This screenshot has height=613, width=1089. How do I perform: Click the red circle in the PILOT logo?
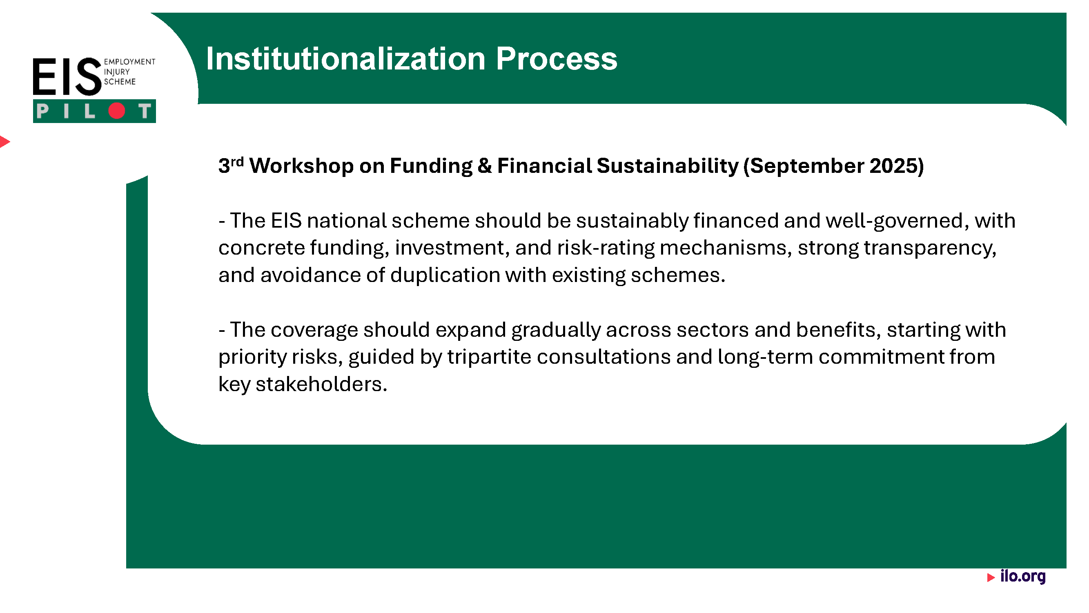pyautogui.click(x=117, y=111)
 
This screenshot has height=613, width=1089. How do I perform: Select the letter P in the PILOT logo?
pyautogui.click(x=42, y=111)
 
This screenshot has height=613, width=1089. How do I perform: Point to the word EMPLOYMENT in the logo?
pyautogui.click(x=129, y=62)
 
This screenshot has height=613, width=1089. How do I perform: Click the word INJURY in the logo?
pyautogui.click(x=117, y=72)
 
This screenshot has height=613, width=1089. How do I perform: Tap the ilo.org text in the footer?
pyautogui.click(x=1022, y=576)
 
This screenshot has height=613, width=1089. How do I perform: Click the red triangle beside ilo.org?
pyautogui.click(x=991, y=577)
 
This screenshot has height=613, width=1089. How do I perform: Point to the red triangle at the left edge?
pyautogui.click(x=4, y=141)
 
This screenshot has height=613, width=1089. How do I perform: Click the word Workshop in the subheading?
pyautogui.click(x=301, y=166)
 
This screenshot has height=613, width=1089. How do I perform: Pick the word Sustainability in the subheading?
pyautogui.click(x=668, y=166)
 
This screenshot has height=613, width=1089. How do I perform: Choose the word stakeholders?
pyautogui.click(x=321, y=384)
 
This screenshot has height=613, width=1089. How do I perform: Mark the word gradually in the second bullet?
pyautogui.click(x=556, y=330)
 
